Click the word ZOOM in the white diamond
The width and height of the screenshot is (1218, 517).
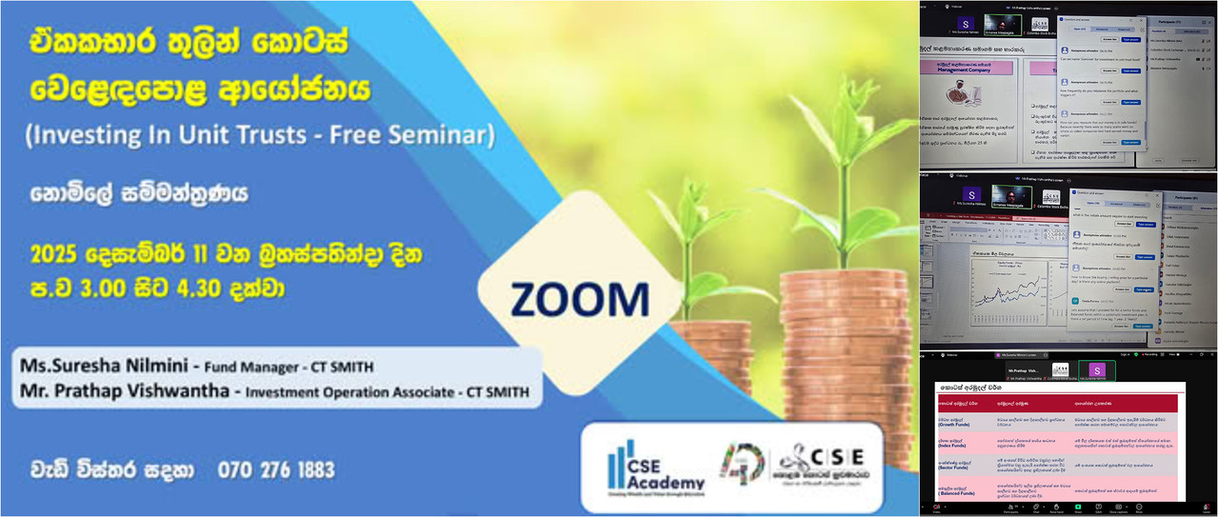click(579, 299)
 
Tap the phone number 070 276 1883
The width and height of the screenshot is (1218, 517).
click(276, 469)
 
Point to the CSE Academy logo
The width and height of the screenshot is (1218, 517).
click(649, 464)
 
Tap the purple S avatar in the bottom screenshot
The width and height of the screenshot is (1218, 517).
click(1099, 369)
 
